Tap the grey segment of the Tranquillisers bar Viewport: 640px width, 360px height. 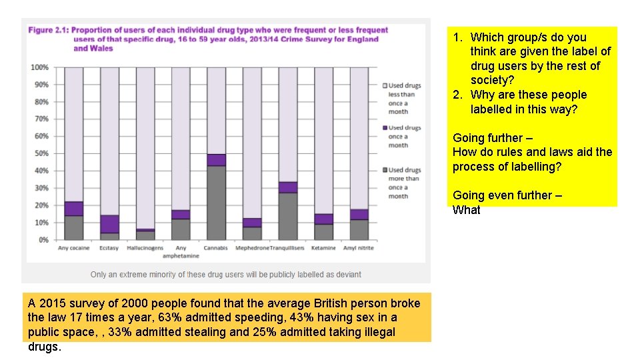[288, 216]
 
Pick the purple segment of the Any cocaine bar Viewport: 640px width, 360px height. [73, 209]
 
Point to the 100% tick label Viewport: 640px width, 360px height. [39, 67]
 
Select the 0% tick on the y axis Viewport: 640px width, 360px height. [43, 239]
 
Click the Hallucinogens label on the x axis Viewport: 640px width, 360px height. [145, 248]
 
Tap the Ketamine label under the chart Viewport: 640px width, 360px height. [323, 248]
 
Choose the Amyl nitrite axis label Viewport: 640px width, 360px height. [359, 248]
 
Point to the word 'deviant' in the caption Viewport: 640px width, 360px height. [347, 274]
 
